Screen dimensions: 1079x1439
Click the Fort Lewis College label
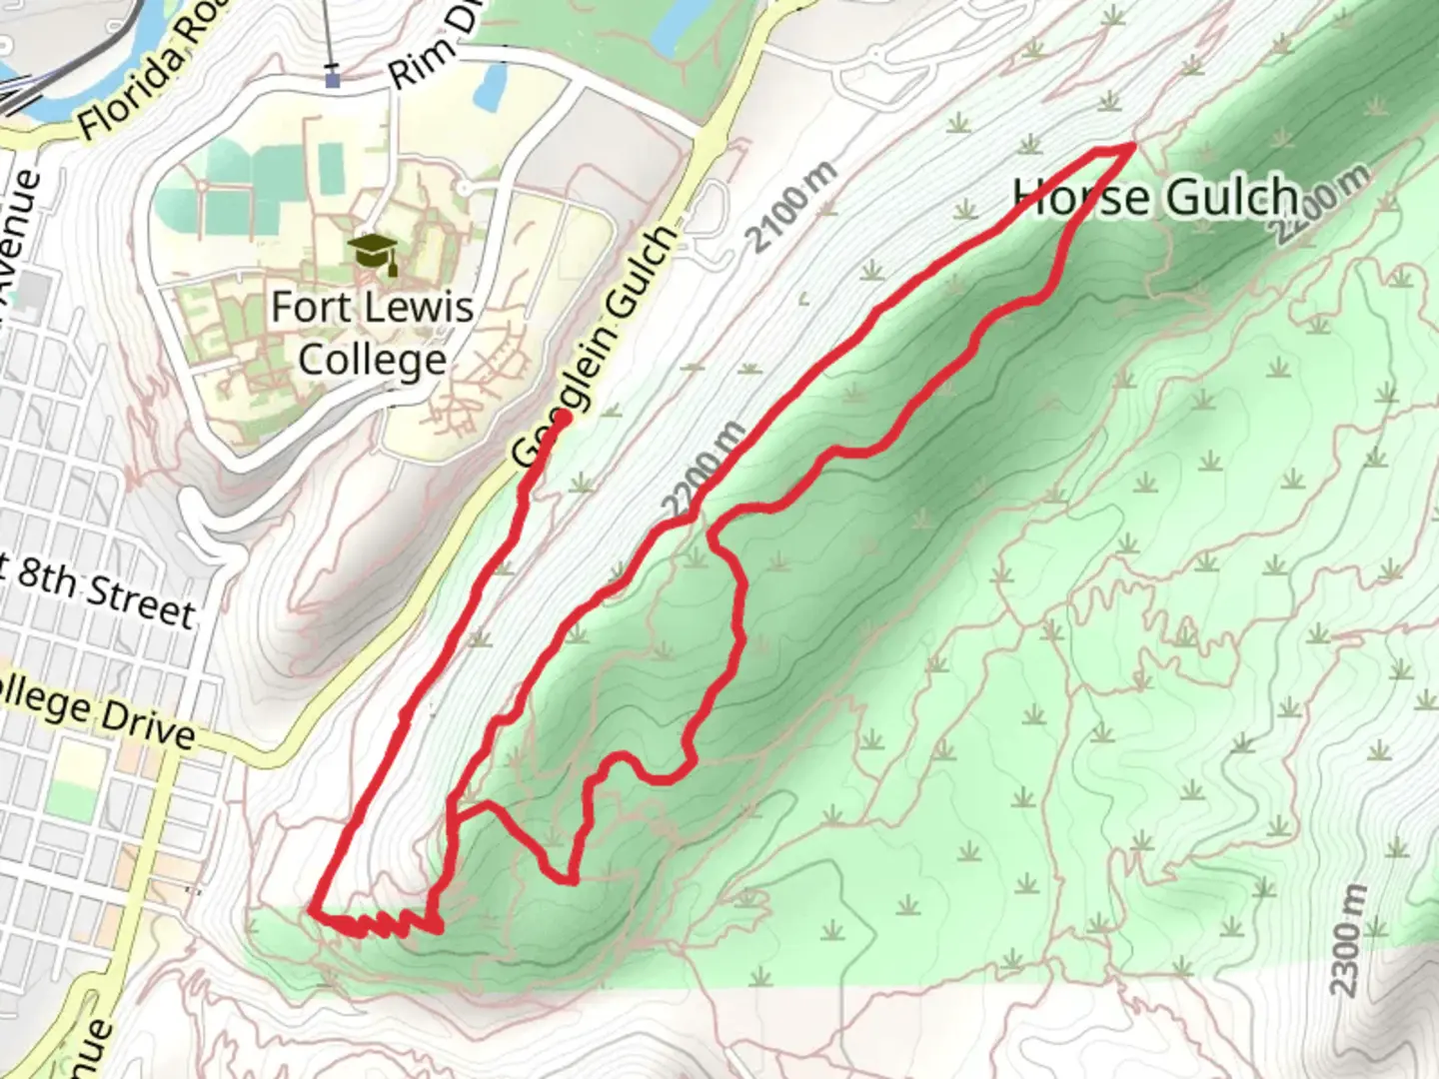pos(372,333)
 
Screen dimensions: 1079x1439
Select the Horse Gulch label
pos(1156,197)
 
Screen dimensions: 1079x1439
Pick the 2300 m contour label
pos(1347,940)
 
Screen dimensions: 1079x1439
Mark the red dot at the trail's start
pos(563,418)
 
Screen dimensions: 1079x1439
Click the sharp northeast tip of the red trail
pos(1132,146)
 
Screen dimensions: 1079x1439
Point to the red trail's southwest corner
pos(313,911)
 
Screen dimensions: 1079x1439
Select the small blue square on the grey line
pos(333,78)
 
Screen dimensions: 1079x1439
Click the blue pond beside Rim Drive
pos(489,88)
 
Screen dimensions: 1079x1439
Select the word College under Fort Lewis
pos(372,360)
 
